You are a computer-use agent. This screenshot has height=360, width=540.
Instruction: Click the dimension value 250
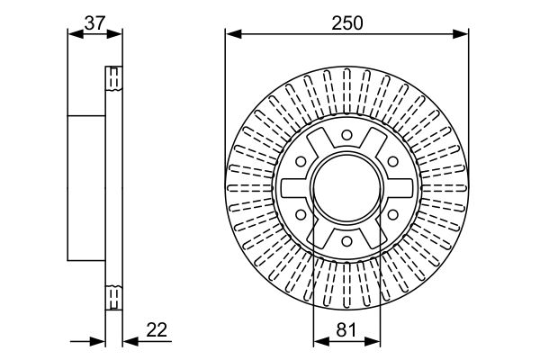pos(347,23)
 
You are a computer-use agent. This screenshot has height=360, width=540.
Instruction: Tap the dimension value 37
pos(94,23)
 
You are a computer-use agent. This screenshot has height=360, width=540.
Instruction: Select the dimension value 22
pos(157,329)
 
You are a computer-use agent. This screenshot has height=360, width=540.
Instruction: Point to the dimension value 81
pos(346,329)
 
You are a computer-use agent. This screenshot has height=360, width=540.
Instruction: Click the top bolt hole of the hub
pos(346,135)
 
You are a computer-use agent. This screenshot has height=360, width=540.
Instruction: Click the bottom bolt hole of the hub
pos(346,241)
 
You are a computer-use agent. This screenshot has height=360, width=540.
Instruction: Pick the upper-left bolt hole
pos(301,161)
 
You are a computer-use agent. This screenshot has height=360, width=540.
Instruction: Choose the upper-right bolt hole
pos(393,161)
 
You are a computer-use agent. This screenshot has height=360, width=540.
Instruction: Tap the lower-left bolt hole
pos(301,215)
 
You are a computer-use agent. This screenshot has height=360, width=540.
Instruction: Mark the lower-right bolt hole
pos(393,215)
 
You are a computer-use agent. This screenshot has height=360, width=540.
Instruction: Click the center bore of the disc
pos(347,188)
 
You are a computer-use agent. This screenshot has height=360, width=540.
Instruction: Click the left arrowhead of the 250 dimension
pos(233,34)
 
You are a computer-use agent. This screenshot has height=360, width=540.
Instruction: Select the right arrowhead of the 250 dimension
pos(461,34)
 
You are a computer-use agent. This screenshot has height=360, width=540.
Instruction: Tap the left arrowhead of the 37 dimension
pos(76,34)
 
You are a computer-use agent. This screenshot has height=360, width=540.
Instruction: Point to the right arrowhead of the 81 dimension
pos(373,341)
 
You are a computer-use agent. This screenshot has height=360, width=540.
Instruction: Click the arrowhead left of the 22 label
pos(130,341)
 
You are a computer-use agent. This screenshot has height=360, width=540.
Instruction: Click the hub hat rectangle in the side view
pos(86,188)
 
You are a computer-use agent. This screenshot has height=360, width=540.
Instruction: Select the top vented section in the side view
pos(114,78)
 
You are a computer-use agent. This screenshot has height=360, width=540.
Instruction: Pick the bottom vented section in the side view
pos(114,298)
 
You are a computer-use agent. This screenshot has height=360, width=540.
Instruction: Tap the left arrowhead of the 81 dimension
pos(321,341)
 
